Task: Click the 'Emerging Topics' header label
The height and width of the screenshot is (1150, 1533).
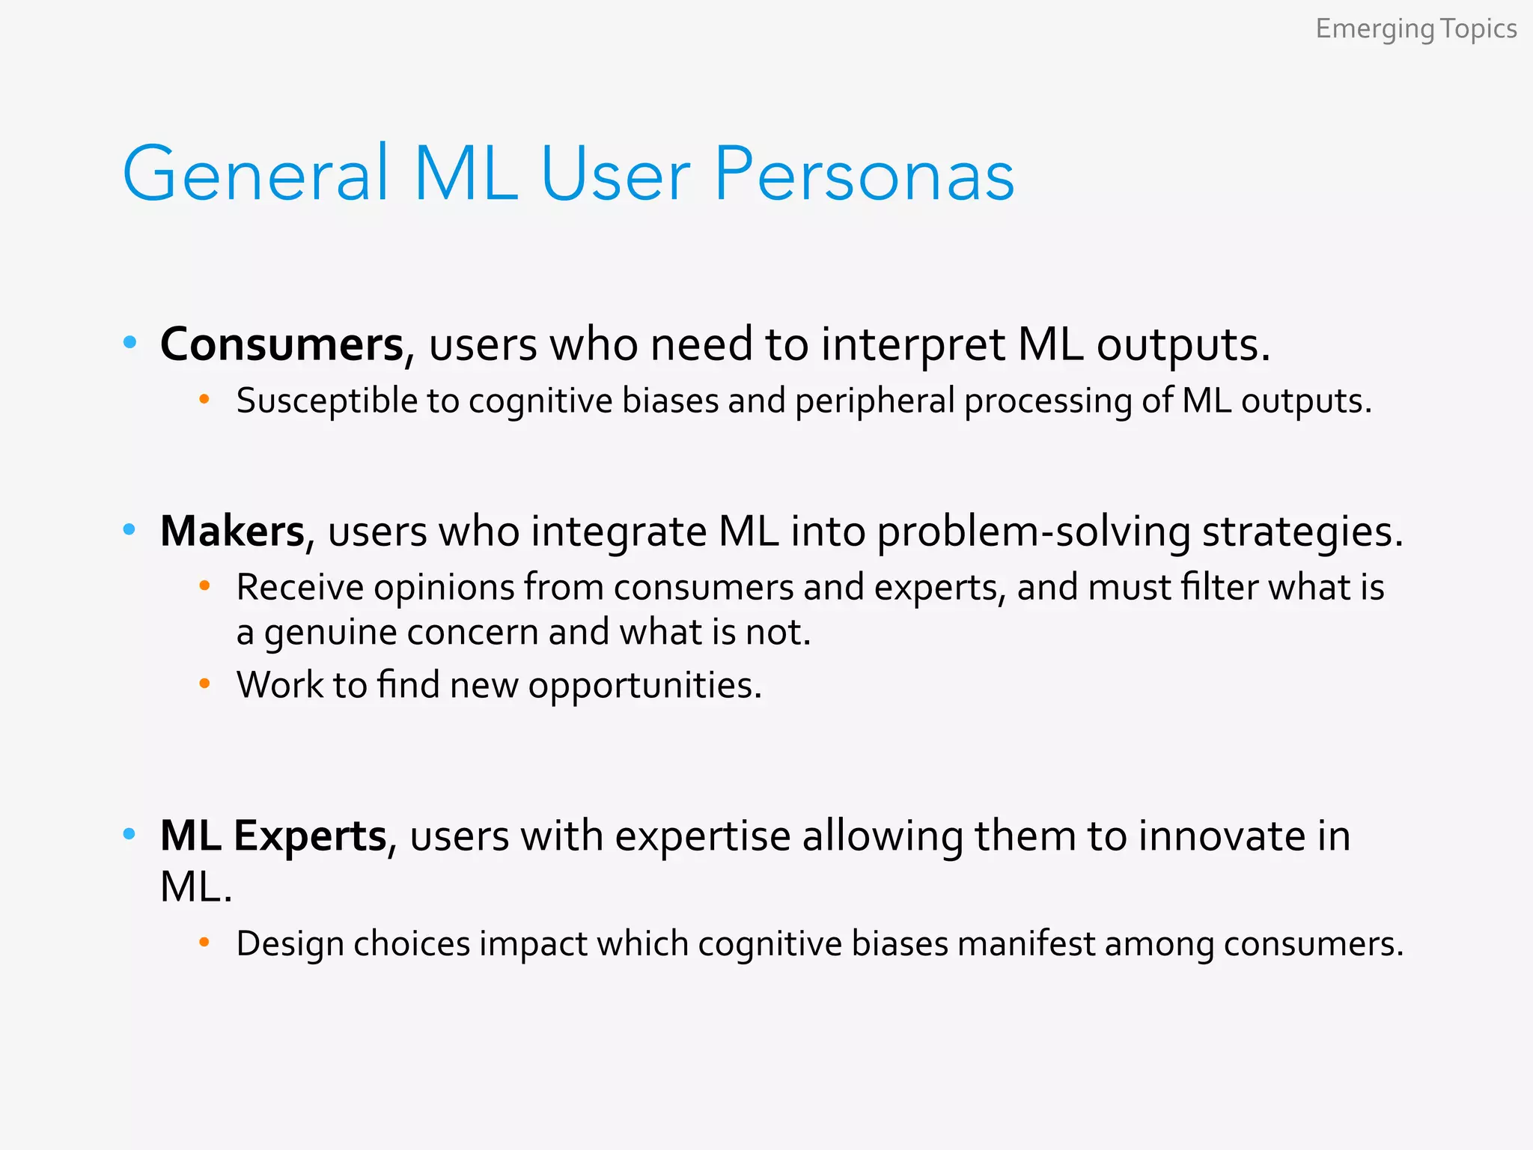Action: pos(1415,30)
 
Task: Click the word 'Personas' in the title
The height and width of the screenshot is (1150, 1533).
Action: pos(865,174)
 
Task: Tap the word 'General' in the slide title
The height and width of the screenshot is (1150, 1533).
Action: pos(255,174)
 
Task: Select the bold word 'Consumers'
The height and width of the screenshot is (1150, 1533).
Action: pos(282,345)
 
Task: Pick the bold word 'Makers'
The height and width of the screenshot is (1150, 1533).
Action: pos(232,532)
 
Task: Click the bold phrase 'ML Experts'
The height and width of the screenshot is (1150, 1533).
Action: pos(273,836)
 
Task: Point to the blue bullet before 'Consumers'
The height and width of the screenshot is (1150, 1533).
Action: pos(130,343)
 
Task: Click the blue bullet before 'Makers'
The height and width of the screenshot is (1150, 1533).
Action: pos(129,530)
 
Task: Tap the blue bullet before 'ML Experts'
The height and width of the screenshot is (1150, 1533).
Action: pos(129,833)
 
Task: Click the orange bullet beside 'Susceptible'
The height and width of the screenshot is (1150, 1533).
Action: pos(204,400)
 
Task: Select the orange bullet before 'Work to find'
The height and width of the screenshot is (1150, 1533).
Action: pos(204,684)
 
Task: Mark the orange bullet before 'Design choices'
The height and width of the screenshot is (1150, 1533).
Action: pos(204,943)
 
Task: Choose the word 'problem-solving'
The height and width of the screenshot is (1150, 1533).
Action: pos(1033,533)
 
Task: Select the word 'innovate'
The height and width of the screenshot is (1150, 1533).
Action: pos(1218,836)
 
